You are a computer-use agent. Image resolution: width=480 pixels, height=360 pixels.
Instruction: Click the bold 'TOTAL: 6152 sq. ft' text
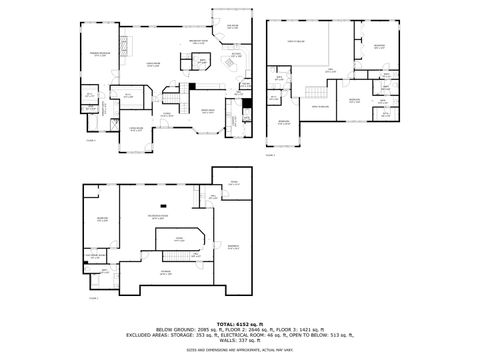240,324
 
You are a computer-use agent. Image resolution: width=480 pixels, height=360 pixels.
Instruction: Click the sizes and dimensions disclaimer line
240,350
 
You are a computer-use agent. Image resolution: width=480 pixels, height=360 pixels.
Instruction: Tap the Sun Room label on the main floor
232,26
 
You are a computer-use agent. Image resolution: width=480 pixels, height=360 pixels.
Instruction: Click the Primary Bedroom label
100,53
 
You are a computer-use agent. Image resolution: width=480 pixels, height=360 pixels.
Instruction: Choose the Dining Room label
208,110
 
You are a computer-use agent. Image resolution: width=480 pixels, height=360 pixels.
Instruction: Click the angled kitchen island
227,65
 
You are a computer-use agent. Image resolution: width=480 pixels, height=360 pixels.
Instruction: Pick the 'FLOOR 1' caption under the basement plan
94,298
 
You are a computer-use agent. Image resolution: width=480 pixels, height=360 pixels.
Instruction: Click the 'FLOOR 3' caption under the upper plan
271,155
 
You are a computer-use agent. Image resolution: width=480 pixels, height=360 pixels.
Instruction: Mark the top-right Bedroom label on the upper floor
379,46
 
